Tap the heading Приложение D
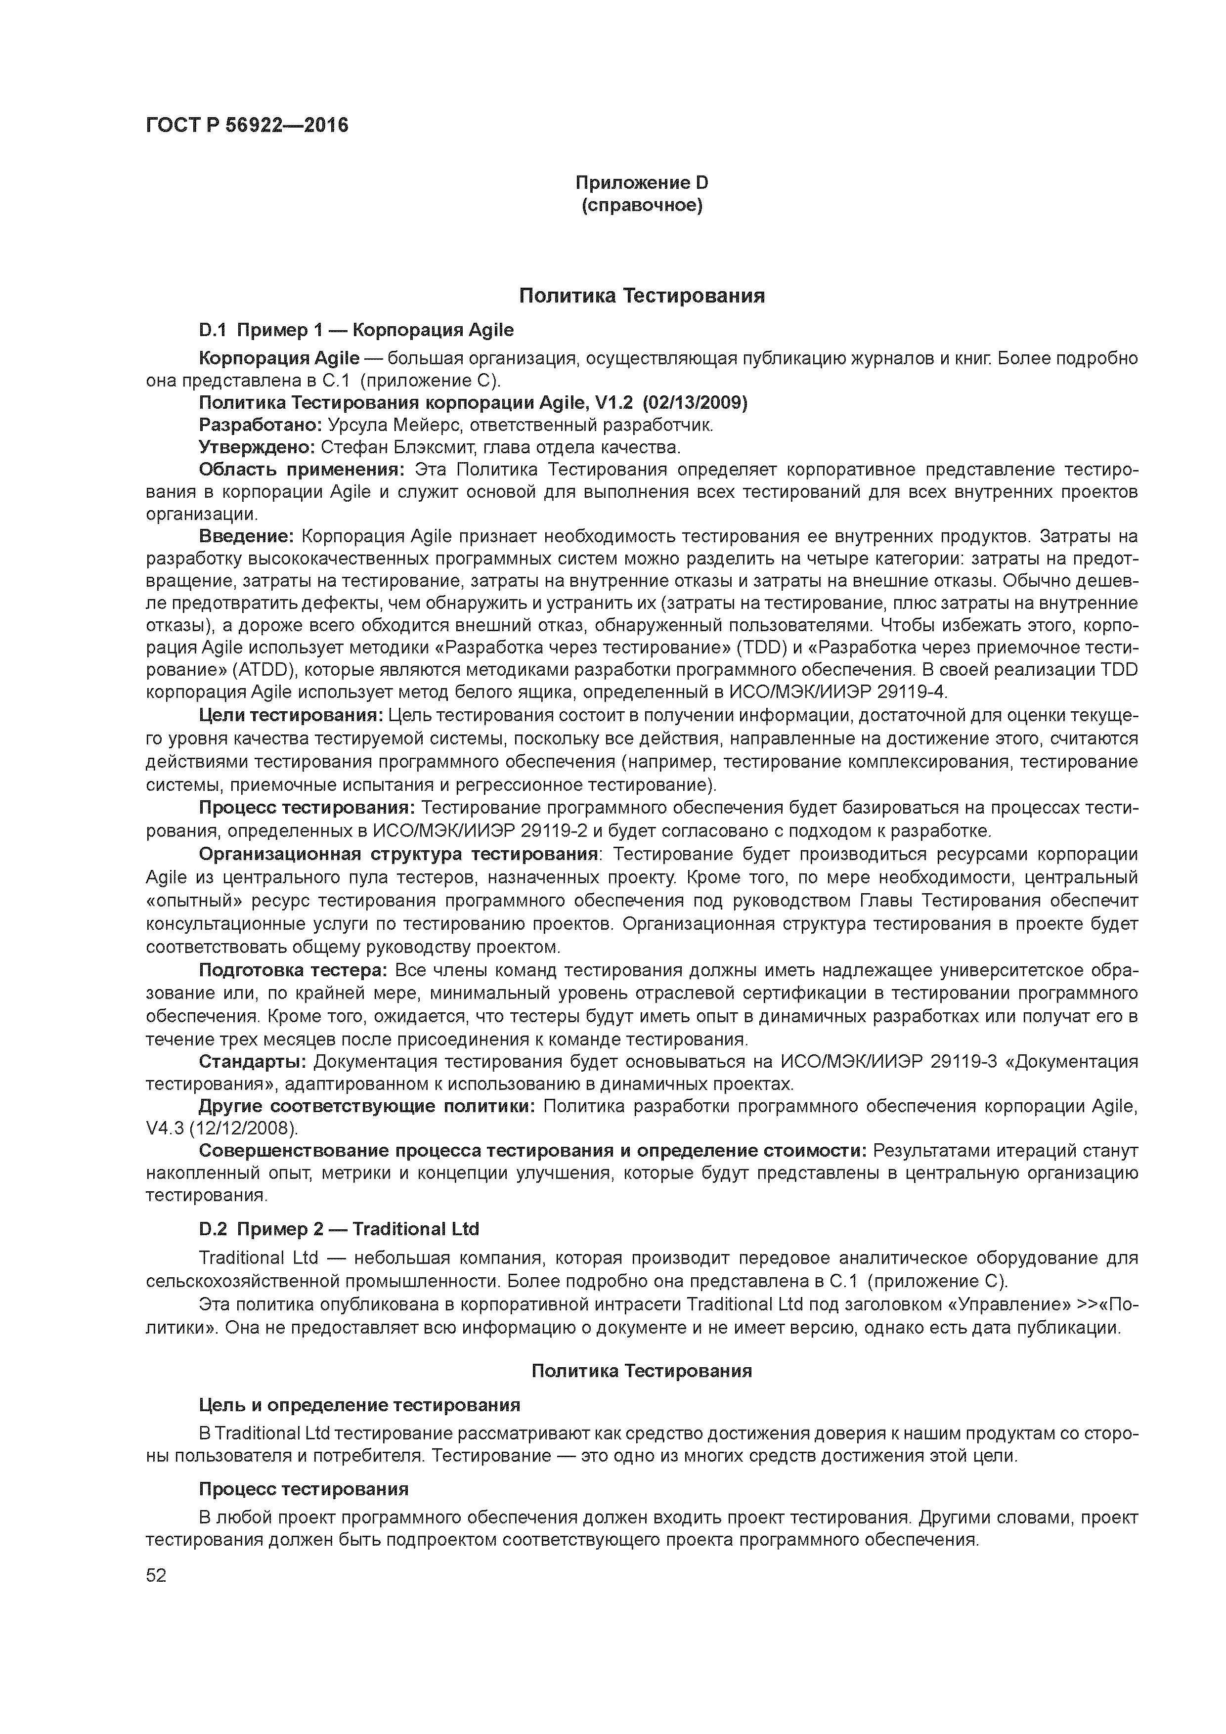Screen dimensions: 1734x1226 tap(641, 183)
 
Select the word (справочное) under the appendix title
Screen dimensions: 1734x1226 tap(641, 206)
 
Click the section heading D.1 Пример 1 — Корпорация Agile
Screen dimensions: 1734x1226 tap(356, 330)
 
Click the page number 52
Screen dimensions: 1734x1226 tap(156, 1575)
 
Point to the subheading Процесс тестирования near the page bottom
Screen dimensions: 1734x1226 tap(303, 1488)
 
